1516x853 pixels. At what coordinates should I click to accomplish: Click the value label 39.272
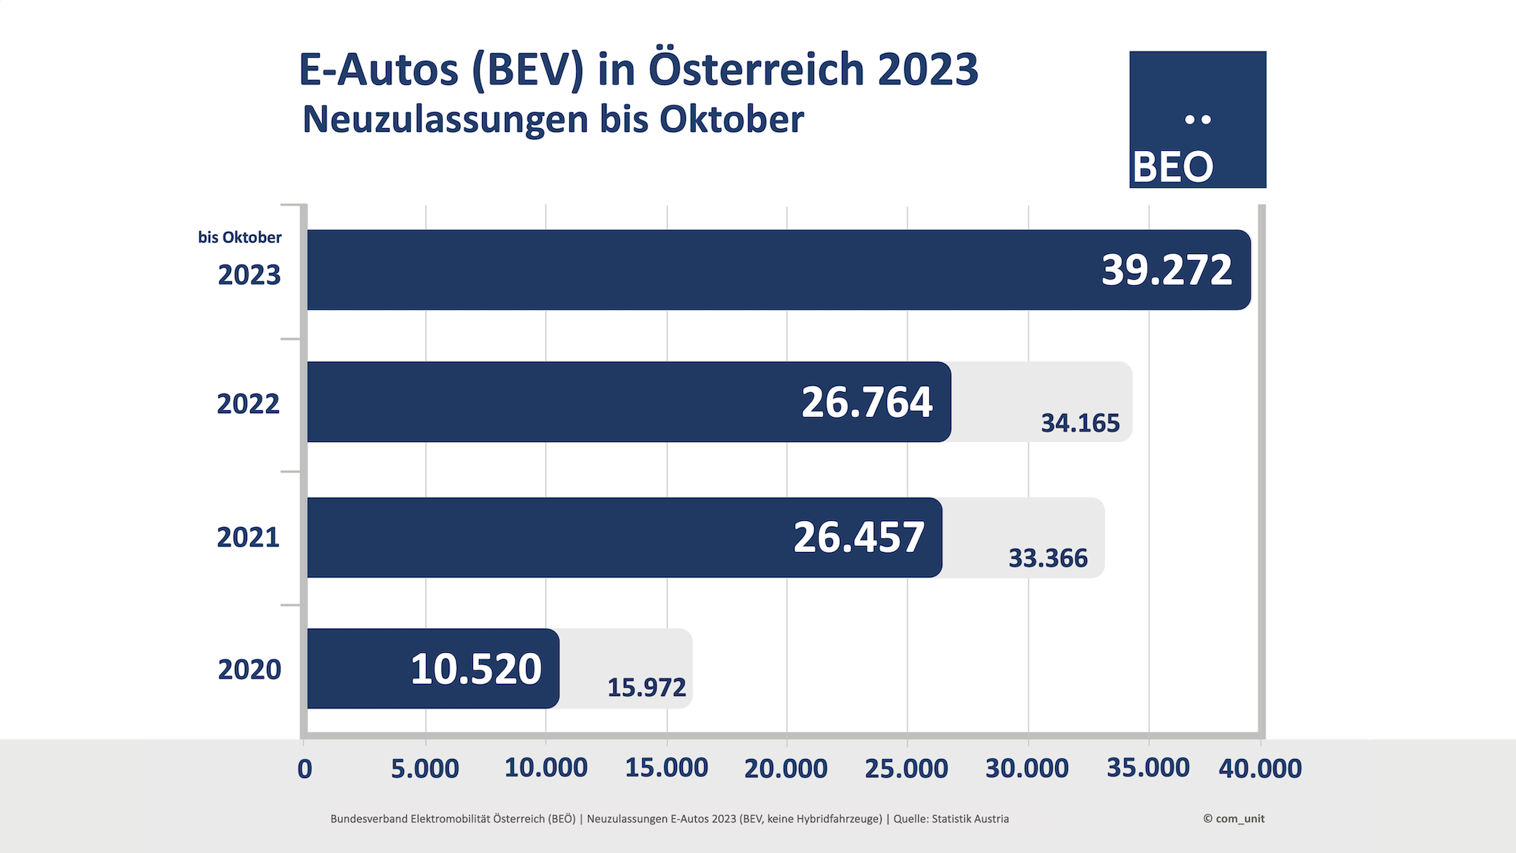point(1167,270)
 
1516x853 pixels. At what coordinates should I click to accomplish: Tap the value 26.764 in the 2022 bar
point(866,402)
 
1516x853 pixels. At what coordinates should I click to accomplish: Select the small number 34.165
point(1079,423)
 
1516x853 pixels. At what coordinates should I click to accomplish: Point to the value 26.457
point(859,537)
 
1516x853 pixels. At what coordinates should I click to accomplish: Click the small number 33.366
point(1048,558)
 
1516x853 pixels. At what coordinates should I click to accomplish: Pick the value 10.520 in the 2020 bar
point(476,669)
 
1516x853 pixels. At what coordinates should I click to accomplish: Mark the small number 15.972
point(646,688)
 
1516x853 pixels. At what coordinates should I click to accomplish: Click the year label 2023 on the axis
point(249,274)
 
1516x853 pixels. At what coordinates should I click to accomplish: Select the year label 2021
point(249,537)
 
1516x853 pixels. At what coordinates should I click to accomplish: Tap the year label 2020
point(249,670)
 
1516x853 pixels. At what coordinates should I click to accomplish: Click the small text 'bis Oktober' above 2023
point(240,237)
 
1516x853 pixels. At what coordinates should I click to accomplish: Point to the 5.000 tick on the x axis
point(424,768)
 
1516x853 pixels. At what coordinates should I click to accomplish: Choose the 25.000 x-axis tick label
point(907,768)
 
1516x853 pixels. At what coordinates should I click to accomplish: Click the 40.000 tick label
point(1260,768)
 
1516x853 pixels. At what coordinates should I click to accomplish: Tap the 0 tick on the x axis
point(305,769)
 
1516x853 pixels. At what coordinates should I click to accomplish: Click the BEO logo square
point(1198,119)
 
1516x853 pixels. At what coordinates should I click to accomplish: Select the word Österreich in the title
point(756,70)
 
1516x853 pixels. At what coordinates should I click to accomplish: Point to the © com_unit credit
point(1233,819)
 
